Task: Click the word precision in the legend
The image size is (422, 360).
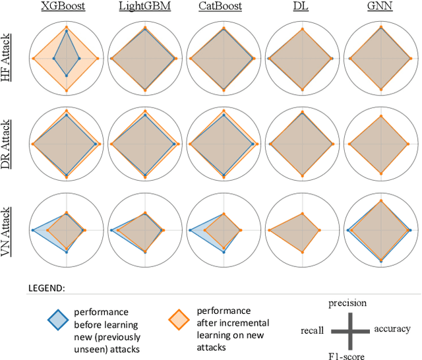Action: coord(348,303)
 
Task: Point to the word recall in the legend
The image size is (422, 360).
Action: coord(311,329)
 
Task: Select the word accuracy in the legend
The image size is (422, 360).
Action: coord(392,328)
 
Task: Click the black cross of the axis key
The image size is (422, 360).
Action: coord(349,329)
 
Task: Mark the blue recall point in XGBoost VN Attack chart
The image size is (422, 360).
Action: coord(32,229)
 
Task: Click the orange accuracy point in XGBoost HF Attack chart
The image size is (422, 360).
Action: coord(98,59)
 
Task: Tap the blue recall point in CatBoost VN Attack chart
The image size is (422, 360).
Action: coord(189,229)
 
